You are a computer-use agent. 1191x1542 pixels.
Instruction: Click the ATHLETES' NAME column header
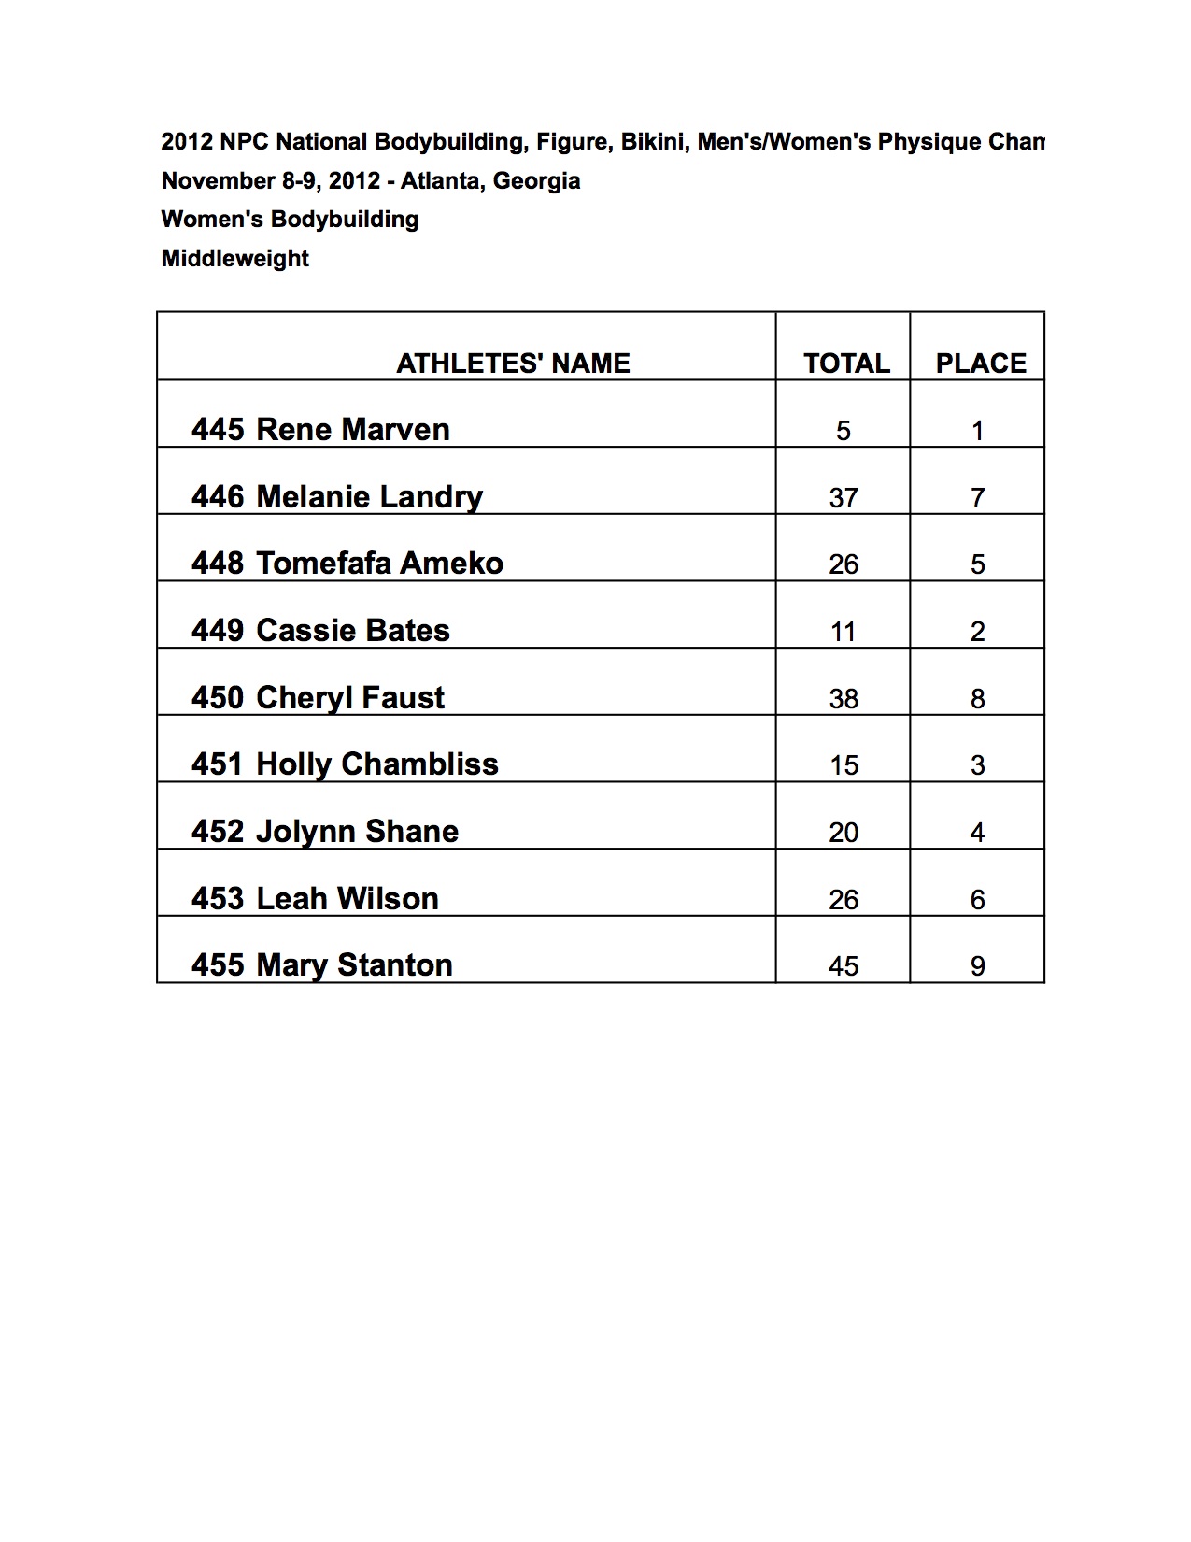(513, 364)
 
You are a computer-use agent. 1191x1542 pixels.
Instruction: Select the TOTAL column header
(846, 364)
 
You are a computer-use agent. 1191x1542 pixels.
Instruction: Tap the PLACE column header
(981, 364)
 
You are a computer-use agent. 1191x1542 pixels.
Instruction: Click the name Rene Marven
(352, 430)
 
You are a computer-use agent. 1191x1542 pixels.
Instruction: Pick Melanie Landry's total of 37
(844, 498)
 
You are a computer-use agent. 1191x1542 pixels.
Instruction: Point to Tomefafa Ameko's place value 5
(978, 564)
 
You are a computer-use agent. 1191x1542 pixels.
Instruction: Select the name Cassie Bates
(352, 631)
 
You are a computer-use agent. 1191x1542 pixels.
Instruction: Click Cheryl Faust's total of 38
(844, 699)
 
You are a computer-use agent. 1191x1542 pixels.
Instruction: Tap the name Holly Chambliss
(376, 764)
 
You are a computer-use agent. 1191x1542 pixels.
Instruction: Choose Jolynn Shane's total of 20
(844, 833)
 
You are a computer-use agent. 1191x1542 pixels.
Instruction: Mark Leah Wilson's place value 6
(978, 900)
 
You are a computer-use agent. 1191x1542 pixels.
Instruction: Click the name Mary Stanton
(354, 965)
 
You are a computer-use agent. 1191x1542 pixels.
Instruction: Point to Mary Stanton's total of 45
(844, 966)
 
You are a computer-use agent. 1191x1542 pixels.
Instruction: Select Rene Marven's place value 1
(978, 431)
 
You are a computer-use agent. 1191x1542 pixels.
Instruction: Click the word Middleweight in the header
(234, 259)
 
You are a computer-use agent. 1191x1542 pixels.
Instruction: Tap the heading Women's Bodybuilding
(290, 220)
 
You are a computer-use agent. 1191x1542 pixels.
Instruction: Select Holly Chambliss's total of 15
(844, 765)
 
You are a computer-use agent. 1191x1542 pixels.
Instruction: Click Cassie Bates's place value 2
(978, 632)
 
